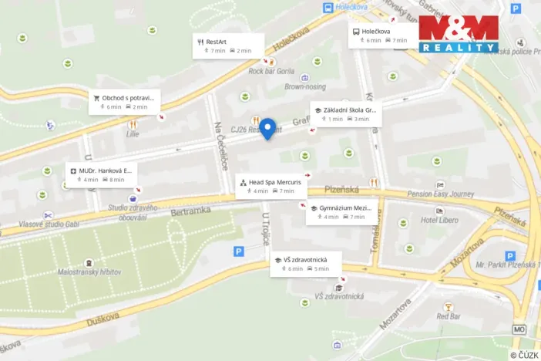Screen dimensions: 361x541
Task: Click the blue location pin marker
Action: (x=267, y=128)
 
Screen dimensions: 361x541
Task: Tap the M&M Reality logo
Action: (x=459, y=34)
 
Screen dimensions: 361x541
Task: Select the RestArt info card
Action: (x=228, y=46)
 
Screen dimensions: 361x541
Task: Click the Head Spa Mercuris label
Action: (x=271, y=186)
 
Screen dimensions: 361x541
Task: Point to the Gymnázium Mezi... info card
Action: (x=342, y=212)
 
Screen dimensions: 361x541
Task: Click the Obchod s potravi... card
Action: (x=124, y=102)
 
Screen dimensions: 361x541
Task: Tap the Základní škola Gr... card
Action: (x=345, y=114)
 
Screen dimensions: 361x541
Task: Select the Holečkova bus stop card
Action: (x=381, y=35)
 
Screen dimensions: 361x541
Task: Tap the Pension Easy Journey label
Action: (x=442, y=194)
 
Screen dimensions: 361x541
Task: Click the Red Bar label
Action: (x=448, y=315)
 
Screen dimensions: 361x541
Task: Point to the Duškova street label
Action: (x=102, y=316)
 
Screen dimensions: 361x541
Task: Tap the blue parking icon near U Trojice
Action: (x=239, y=251)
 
